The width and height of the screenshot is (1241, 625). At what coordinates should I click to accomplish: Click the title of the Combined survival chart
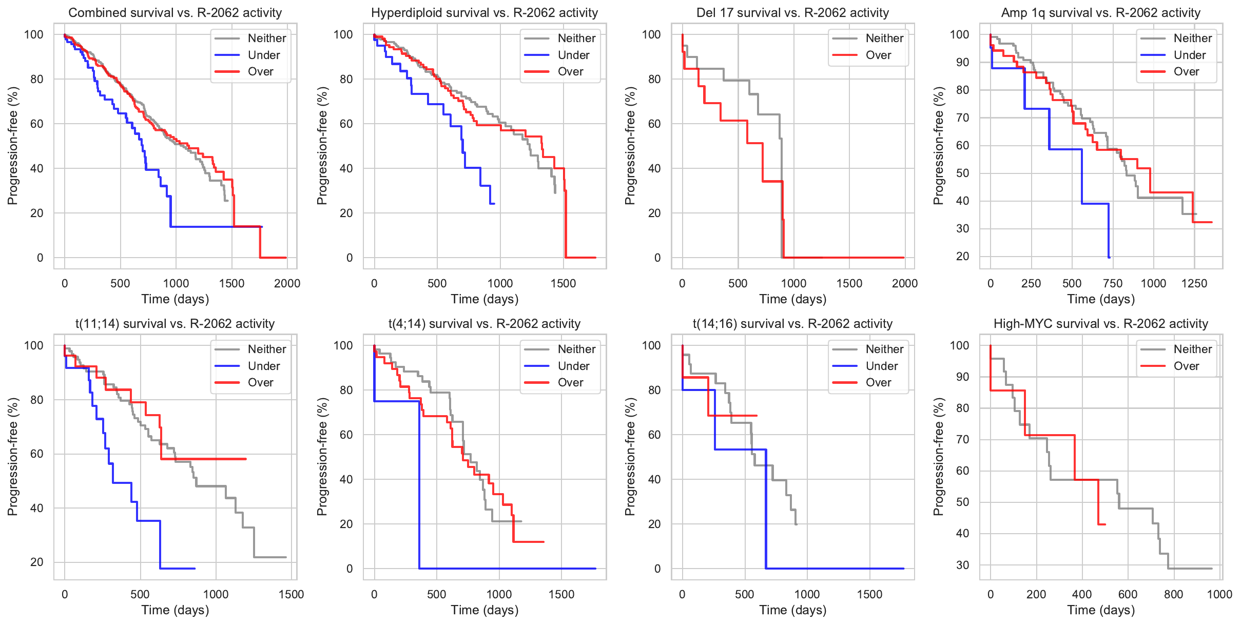[175, 13]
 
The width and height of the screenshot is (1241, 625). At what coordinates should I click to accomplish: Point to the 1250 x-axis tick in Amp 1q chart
[1194, 283]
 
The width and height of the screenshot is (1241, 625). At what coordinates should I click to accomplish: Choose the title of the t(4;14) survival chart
[484, 324]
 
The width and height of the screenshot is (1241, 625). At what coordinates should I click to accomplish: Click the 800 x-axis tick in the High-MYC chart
[1174, 594]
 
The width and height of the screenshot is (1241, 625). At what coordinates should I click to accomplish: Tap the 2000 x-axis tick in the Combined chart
[287, 283]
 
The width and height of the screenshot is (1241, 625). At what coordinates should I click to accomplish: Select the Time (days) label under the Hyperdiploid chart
[484, 299]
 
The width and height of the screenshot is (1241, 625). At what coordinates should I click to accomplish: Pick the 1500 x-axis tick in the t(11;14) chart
[291, 594]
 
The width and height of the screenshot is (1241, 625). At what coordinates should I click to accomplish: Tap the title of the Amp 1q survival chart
[1100, 13]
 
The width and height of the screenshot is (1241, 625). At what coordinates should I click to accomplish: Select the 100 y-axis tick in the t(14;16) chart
[651, 345]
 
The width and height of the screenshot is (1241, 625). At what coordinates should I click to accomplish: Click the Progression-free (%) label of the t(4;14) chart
[322, 457]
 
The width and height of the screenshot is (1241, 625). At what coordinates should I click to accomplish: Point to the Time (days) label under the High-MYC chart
[1101, 610]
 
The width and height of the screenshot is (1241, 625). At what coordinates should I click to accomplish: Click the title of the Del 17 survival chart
[792, 13]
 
